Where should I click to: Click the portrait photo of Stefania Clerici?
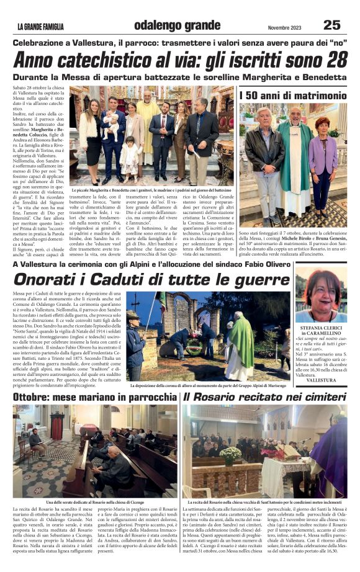coord(321,294)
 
